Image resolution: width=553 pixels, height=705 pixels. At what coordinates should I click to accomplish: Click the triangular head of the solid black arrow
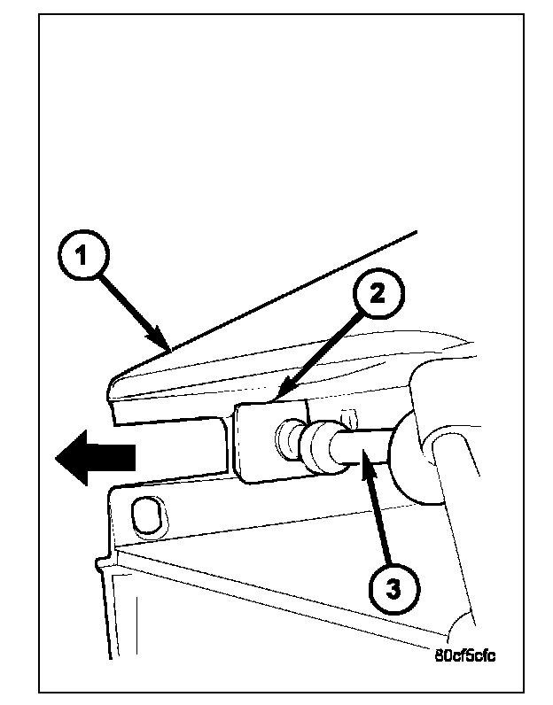(75, 457)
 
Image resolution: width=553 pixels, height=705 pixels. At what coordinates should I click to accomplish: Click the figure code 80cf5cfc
(465, 657)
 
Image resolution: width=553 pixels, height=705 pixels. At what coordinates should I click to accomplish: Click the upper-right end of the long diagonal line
(416, 232)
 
